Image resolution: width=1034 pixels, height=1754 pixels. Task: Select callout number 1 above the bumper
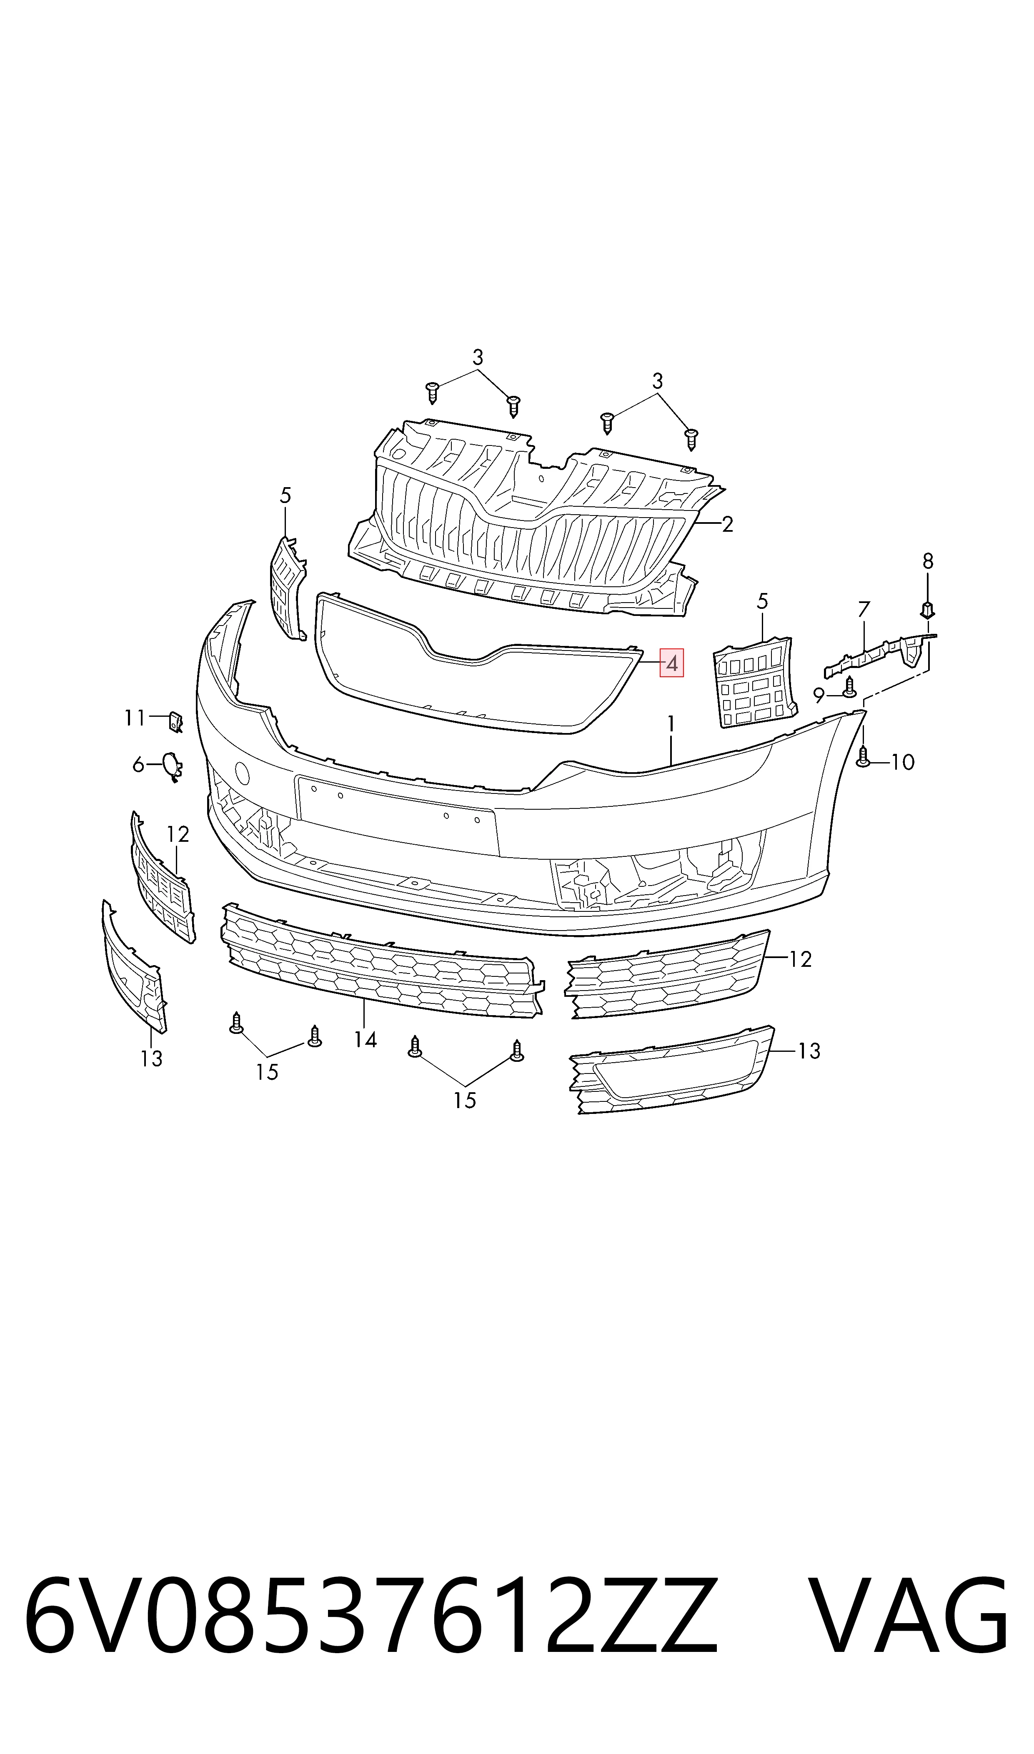coord(671,724)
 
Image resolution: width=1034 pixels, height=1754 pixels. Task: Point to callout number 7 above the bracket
coord(864,610)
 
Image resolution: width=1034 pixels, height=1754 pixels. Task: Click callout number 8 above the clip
coord(927,561)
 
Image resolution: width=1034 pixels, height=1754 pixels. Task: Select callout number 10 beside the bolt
coord(903,762)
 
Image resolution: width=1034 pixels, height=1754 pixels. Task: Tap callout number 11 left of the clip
coord(135,718)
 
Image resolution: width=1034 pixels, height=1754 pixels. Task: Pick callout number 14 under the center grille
coord(365,1040)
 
